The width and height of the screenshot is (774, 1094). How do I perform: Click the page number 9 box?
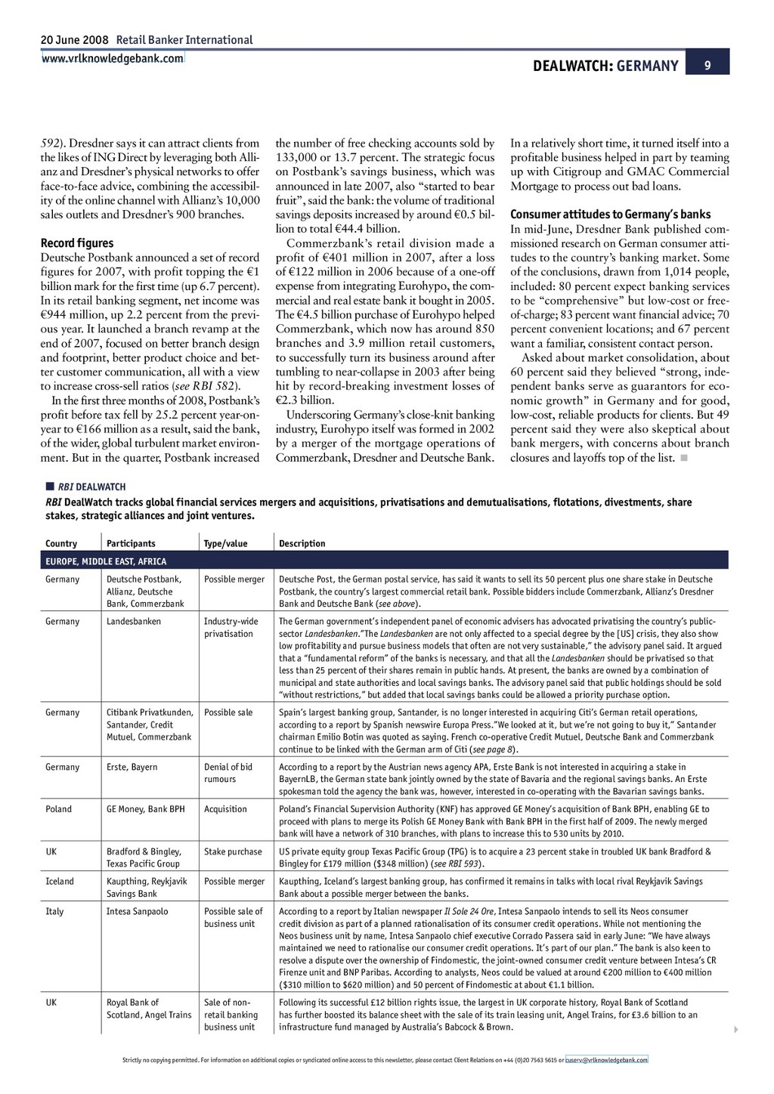[707, 65]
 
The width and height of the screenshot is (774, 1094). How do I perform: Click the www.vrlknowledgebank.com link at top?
[112, 58]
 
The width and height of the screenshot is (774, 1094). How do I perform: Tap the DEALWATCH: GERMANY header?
[605, 66]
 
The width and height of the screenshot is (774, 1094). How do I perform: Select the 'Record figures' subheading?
[77, 243]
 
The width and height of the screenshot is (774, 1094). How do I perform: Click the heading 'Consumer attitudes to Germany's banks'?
[610, 215]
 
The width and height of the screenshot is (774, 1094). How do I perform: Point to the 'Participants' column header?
[131, 543]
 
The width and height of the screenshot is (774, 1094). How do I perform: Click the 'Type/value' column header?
[225, 543]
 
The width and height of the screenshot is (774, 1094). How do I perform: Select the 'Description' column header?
[302, 543]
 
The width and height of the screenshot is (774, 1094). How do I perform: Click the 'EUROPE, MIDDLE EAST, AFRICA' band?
[106, 561]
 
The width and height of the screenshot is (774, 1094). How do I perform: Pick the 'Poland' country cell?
[58, 809]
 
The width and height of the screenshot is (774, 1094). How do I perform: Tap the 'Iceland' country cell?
[60, 882]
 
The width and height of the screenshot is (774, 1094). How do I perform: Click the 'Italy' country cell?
[54, 912]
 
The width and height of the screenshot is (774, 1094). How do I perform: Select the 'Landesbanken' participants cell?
[134, 622]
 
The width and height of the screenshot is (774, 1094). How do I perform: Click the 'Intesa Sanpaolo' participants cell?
[137, 912]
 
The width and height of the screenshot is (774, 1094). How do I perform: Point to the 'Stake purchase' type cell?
[233, 851]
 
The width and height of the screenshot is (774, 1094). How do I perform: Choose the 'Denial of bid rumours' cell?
[228, 773]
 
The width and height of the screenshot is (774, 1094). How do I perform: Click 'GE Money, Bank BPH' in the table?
[145, 809]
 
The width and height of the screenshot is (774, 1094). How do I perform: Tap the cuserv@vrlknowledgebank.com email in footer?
[606, 1060]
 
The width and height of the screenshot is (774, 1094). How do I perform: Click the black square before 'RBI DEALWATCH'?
[49, 487]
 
